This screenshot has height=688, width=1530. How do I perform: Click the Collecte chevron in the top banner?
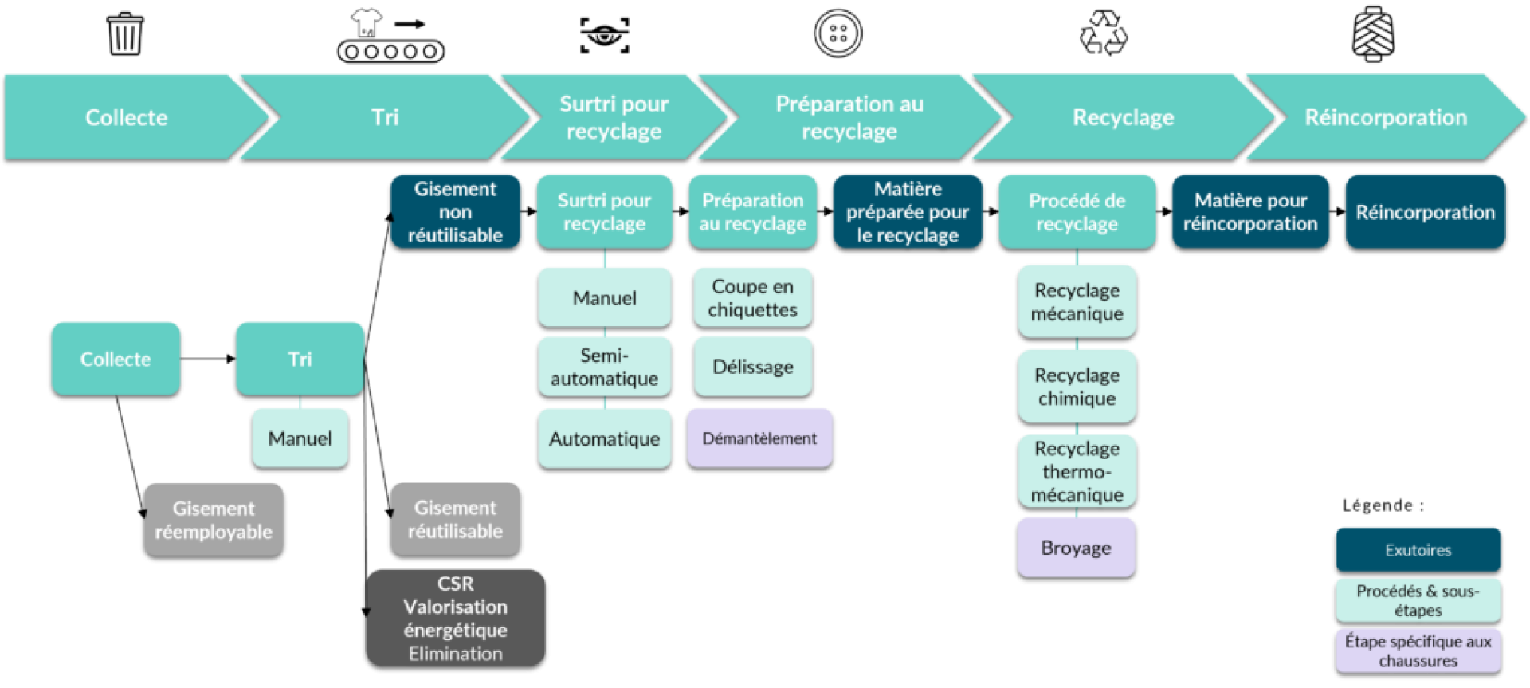click(x=127, y=117)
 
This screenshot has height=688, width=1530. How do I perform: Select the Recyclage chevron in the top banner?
click(x=1123, y=117)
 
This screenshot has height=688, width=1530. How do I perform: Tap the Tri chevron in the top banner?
click(x=385, y=117)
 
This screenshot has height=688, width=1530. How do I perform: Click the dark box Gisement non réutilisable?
click(x=455, y=211)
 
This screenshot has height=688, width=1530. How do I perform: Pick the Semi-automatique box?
click(x=604, y=367)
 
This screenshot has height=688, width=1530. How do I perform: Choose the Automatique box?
click(x=604, y=438)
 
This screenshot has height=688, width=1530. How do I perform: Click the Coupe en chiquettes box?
click(x=752, y=297)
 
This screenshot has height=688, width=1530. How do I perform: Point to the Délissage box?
click(x=752, y=367)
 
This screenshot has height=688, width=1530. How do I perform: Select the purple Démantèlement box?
click(x=759, y=438)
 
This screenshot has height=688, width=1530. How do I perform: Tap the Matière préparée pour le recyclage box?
click(x=908, y=211)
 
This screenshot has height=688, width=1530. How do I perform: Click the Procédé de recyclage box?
click(x=1077, y=211)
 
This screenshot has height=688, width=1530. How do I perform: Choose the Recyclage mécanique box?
click(x=1077, y=301)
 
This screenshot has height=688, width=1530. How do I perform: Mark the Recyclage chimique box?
click(x=1077, y=386)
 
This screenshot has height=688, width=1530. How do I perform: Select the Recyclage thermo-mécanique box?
click(x=1077, y=470)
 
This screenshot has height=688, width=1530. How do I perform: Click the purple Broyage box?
click(x=1076, y=548)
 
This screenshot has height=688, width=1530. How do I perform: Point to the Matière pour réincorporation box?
click(x=1250, y=211)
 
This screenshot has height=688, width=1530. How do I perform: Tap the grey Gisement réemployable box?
click(x=214, y=519)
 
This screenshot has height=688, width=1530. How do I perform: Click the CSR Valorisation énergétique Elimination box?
click(x=455, y=618)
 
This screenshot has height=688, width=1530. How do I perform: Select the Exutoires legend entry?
click(x=1418, y=549)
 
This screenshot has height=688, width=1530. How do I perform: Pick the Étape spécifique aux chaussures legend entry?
click(x=1418, y=651)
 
